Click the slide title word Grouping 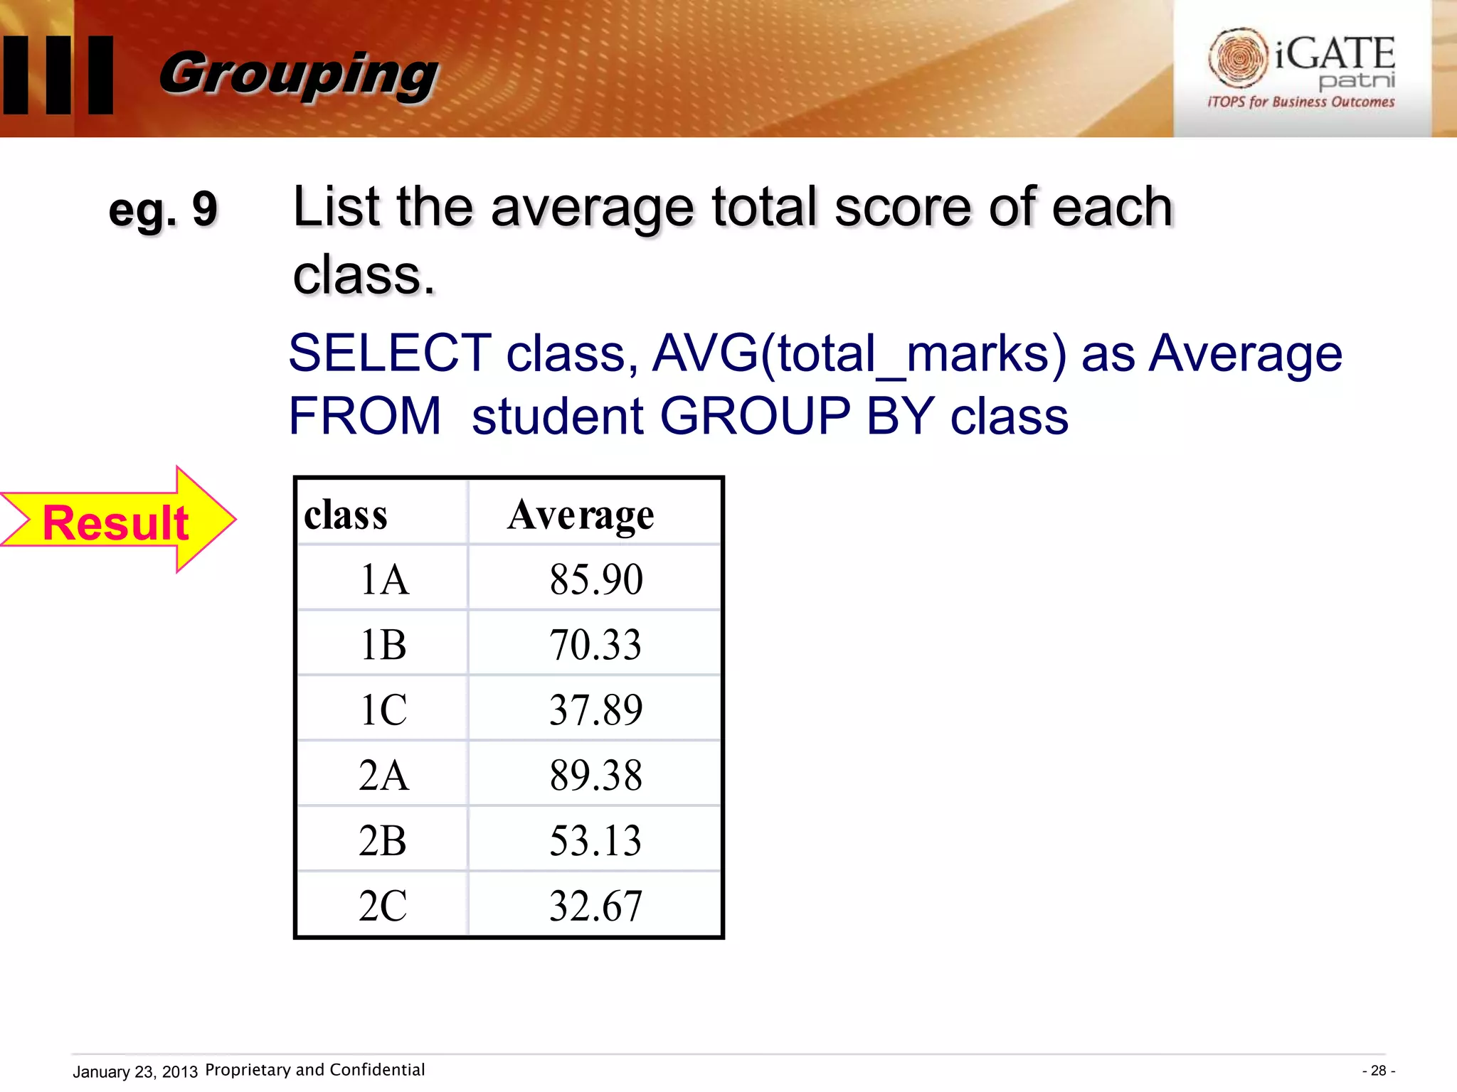coord(299,74)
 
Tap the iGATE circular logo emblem coord(1238,57)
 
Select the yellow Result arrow coord(117,521)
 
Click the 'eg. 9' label coord(163,210)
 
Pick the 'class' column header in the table coord(346,515)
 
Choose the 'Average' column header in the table coord(581,515)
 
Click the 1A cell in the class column coord(384,579)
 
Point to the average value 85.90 coord(596,579)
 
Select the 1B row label coord(383,644)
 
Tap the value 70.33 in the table coord(595,644)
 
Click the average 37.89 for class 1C coord(596,710)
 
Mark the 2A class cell coord(384,775)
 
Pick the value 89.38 coord(596,775)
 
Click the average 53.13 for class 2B coord(595,840)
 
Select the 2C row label coord(383,906)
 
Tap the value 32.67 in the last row coord(596,906)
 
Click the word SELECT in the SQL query coord(390,353)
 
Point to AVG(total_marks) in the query coord(859,353)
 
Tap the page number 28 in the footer coord(1379,1071)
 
